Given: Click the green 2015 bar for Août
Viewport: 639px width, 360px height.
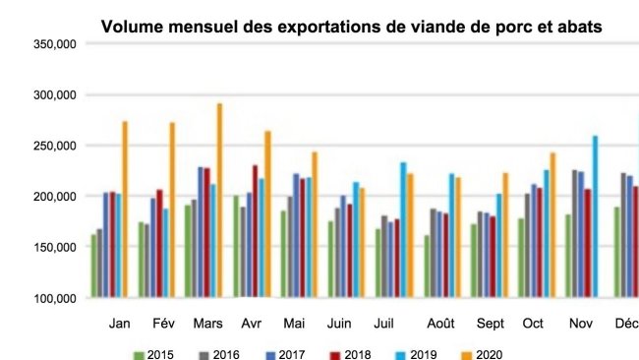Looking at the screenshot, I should click(x=427, y=266).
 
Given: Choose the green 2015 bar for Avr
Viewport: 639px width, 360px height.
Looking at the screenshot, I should click(x=236, y=246).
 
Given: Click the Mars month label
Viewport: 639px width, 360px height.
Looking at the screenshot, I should click(x=207, y=323).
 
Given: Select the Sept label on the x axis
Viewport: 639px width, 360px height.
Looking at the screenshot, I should click(x=489, y=323).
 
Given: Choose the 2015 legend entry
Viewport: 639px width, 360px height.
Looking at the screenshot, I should click(x=153, y=354).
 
